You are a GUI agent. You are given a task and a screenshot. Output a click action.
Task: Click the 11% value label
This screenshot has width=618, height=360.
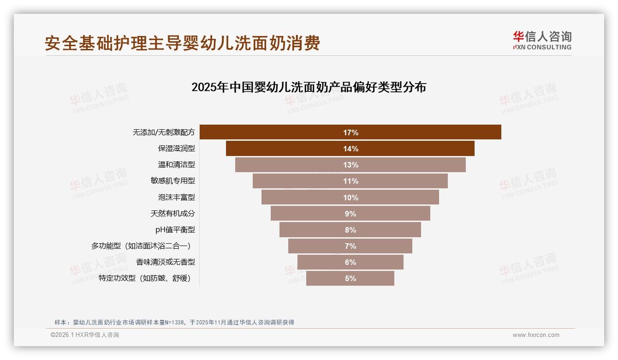(351, 181)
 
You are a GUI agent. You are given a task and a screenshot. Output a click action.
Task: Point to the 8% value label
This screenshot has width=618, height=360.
(351, 230)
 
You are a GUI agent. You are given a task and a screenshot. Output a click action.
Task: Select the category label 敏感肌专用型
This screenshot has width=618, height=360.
(172, 181)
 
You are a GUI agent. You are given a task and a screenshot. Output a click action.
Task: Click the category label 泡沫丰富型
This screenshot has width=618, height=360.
(176, 197)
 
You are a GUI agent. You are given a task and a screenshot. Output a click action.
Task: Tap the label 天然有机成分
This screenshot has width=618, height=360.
(172, 214)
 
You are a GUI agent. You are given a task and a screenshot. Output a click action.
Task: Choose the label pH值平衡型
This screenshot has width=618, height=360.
(175, 230)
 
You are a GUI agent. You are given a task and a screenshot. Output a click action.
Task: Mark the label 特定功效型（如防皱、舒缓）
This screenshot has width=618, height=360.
(144, 278)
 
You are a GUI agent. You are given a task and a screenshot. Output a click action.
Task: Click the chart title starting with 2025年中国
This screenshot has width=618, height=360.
(309, 87)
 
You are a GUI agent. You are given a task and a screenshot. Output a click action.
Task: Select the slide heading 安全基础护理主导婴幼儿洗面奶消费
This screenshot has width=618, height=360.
(182, 43)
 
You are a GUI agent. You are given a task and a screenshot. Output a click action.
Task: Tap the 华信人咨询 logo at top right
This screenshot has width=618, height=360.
(542, 40)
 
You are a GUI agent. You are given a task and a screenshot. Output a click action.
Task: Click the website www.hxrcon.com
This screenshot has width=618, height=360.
(536, 335)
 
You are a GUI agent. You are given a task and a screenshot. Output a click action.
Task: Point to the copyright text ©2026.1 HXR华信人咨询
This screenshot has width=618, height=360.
(84, 335)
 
